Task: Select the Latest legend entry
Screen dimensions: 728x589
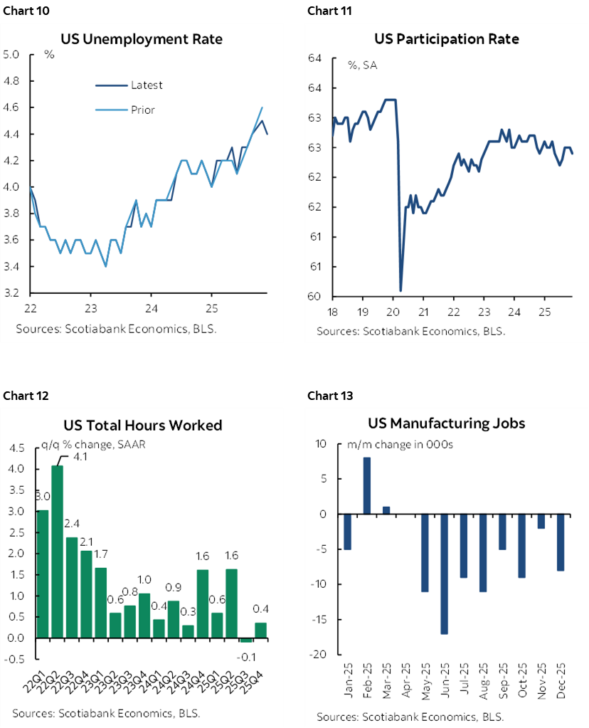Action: (x=147, y=85)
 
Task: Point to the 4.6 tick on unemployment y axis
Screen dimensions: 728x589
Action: (x=12, y=107)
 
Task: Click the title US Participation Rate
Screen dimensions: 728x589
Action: (x=447, y=39)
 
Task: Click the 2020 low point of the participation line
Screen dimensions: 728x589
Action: (x=401, y=290)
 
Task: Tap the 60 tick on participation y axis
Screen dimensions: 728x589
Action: (x=314, y=297)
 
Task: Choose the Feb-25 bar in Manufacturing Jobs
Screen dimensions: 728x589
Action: (x=367, y=485)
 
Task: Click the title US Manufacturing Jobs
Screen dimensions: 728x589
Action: (x=446, y=423)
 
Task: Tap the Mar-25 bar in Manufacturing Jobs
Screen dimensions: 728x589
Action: (x=386, y=510)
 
